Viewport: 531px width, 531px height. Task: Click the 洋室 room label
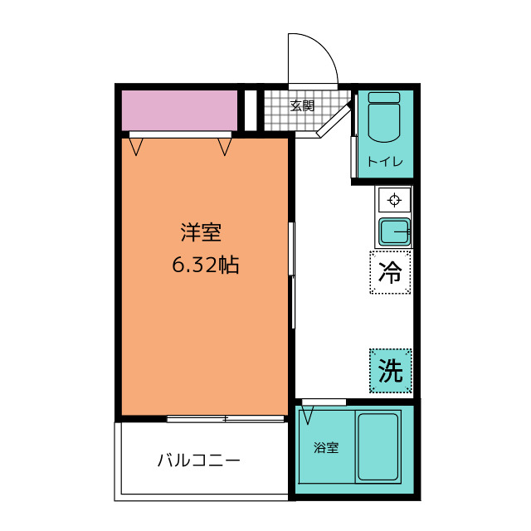(201, 232)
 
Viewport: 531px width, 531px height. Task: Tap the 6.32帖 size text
(206, 265)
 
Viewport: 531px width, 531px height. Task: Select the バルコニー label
(199, 460)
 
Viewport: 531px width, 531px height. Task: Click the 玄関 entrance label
(302, 106)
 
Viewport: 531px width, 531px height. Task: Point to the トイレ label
(385, 162)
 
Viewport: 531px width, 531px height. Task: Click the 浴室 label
(326, 448)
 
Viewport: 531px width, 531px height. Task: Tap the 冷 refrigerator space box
(391, 272)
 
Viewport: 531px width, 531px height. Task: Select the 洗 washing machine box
(391, 371)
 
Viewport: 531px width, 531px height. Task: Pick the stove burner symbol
(394, 199)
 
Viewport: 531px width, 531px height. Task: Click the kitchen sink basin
(395, 232)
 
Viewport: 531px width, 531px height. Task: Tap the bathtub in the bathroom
(378, 446)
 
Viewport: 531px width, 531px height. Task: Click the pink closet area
(179, 110)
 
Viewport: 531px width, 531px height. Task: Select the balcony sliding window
(226, 419)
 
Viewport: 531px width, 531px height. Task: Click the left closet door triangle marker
(136, 147)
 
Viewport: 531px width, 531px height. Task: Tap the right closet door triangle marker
(225, 147)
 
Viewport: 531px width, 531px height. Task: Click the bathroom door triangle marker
(308, 415)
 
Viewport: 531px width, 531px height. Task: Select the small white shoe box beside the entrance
(251, 110)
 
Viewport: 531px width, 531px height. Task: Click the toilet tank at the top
(384, 97)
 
